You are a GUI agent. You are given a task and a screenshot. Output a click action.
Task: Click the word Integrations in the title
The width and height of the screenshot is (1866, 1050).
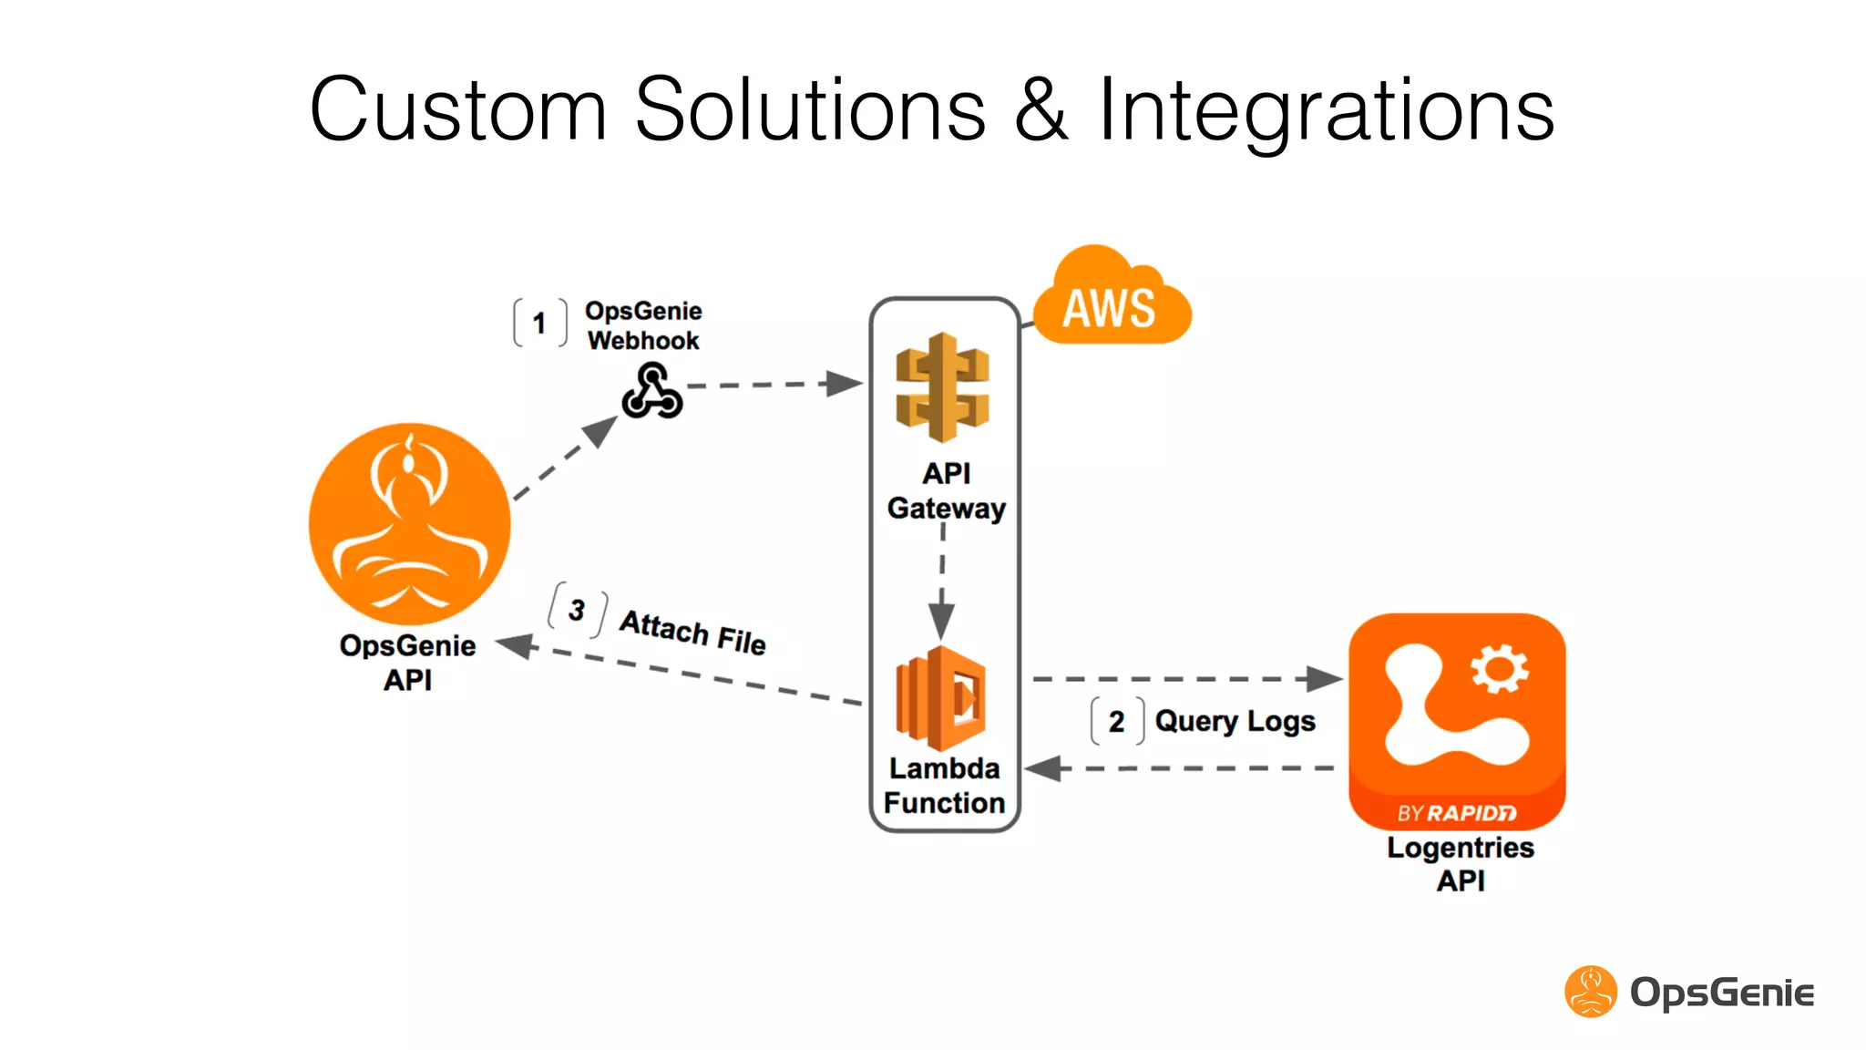[x=1326, y=111]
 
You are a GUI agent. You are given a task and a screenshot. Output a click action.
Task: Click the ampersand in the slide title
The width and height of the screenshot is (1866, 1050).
[x=1041, y=111]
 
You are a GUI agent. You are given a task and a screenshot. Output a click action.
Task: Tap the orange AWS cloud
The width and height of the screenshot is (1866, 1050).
[x=1111, y=302]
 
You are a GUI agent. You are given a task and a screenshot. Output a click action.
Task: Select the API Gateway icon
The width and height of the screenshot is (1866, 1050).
[x=942, y=387]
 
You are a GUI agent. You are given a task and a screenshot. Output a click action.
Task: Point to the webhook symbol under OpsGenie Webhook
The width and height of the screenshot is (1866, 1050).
[x=651, y=392]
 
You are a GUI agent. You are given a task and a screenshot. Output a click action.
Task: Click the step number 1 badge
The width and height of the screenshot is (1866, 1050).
[x=539, y=324]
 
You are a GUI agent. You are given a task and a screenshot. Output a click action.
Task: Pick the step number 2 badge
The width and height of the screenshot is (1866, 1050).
[x=1116, y=722]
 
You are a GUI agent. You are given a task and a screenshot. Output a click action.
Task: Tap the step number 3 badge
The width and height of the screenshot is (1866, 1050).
[x=577, y=610]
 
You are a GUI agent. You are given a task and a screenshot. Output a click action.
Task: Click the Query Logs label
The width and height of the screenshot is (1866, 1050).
[x=1235, y=722]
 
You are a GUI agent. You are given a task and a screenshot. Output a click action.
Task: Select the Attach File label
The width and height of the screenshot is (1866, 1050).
[x=692, y=632]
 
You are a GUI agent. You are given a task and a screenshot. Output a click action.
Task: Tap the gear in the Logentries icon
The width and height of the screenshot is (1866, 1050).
[x=1499, y=670]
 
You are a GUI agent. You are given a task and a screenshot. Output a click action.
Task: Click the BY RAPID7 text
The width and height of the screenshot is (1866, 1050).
[x=1456, y=813]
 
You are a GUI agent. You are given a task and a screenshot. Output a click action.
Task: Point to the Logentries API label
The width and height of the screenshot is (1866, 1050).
[x=1460, y=863]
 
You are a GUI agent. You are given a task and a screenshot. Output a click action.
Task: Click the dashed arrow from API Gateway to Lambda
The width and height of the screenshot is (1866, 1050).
[x=942, y=583]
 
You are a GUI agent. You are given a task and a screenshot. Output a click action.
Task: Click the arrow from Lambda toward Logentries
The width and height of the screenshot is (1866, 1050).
[x=1184, y=679]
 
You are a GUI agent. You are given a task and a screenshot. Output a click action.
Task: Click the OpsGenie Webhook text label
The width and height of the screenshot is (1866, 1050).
[x=643, y=325]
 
